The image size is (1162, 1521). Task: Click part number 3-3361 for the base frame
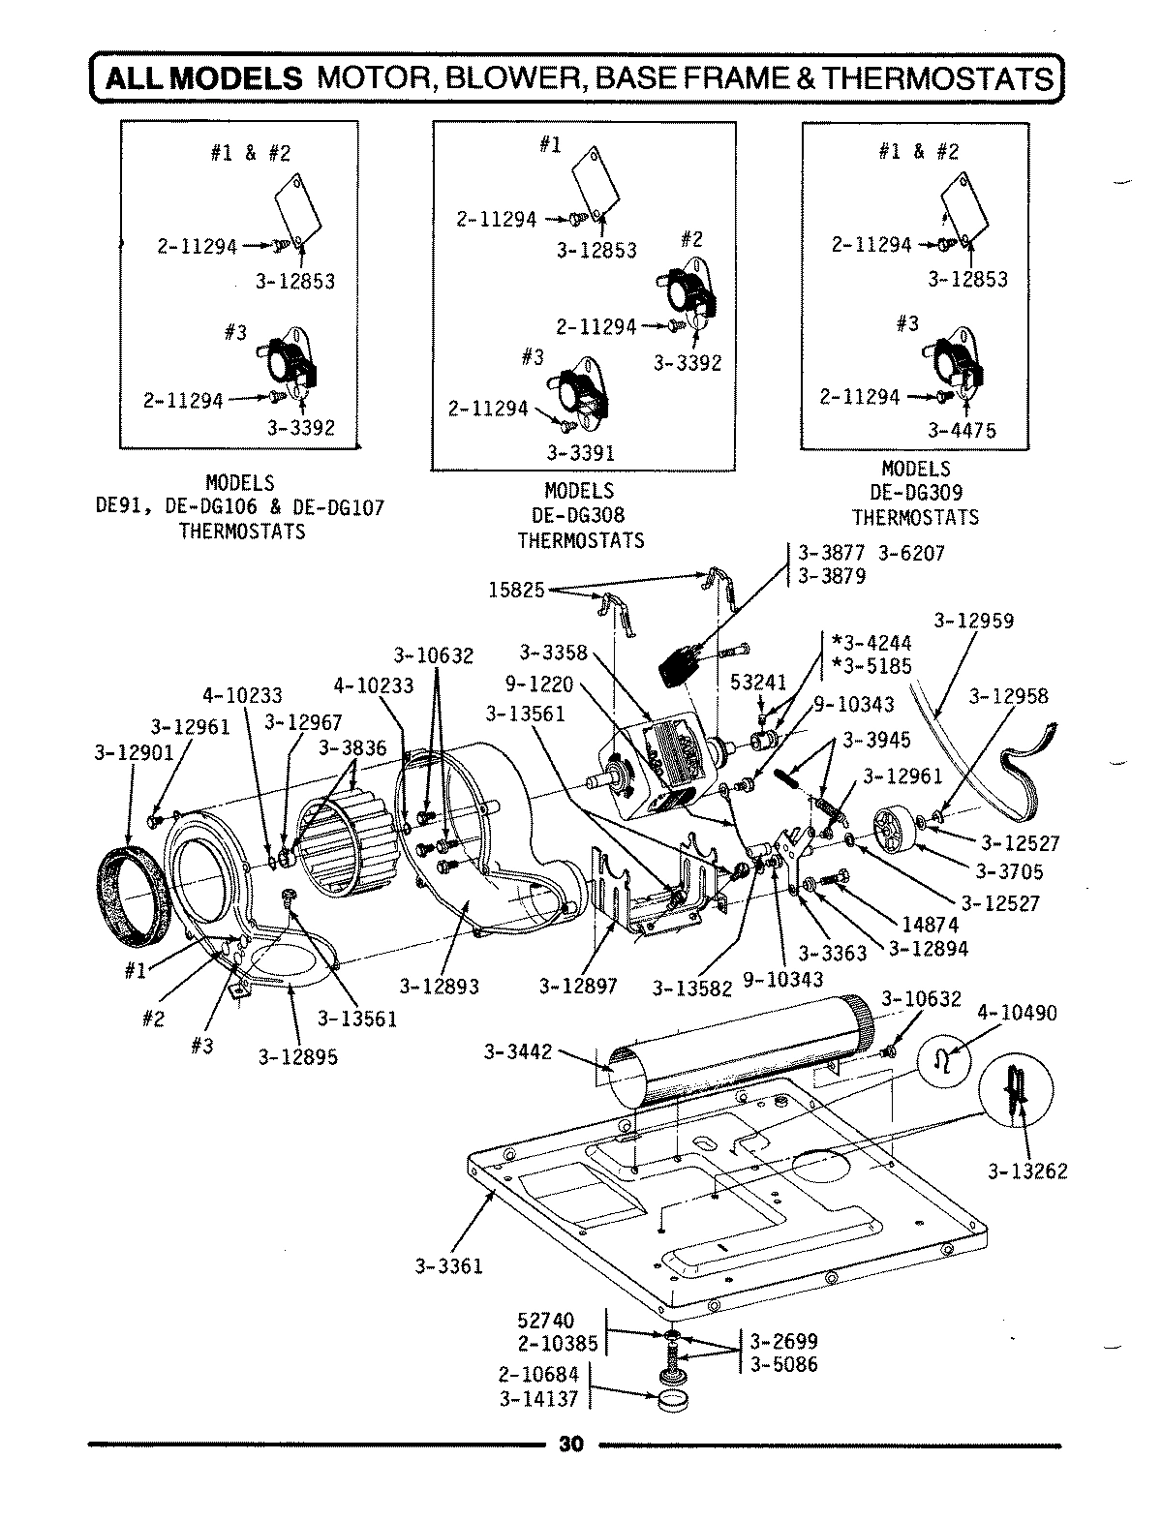click(448, 1265)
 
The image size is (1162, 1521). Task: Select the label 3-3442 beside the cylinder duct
click(518, 1050)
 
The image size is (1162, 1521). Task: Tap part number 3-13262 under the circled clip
click(1027, 1171)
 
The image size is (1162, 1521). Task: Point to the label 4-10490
click(1017, 1014)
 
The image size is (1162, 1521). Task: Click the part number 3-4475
click(962, 430)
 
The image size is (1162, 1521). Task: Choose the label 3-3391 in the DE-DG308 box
click(580, 451)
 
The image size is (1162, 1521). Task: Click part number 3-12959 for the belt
click(974, 620)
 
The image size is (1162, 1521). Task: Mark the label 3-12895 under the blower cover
click(298, 1057)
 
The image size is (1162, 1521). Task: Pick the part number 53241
click(758, 682)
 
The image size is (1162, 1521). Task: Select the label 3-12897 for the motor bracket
click(578, 988)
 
